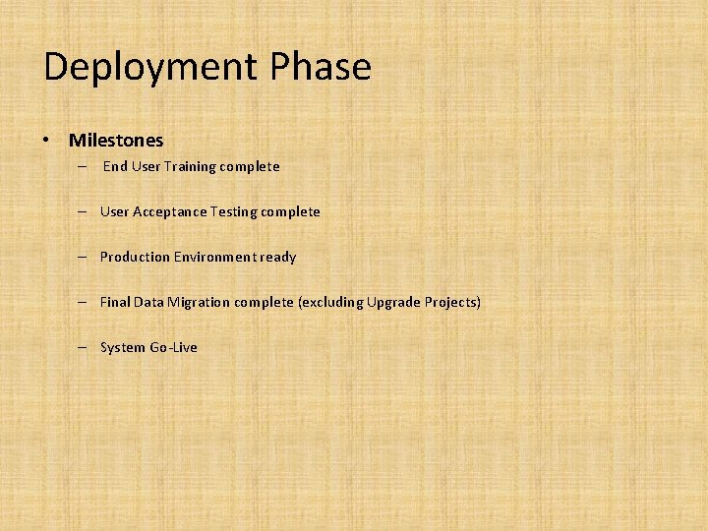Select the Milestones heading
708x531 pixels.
[116, 141]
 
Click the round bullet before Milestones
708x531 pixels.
[46, 141]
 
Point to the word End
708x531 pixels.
[115, 166]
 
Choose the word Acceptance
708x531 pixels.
[169, 211]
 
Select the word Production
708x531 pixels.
[135, 257]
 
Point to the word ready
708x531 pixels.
[277, 257]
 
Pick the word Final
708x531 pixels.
[115, 302]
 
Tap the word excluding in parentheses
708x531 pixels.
[331, 302]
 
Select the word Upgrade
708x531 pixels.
[393, 302]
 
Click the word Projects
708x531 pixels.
[452, 302]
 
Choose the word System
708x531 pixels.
[123, 347]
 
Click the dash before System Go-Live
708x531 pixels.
[87, 347]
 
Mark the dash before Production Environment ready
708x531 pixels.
[87, 257]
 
